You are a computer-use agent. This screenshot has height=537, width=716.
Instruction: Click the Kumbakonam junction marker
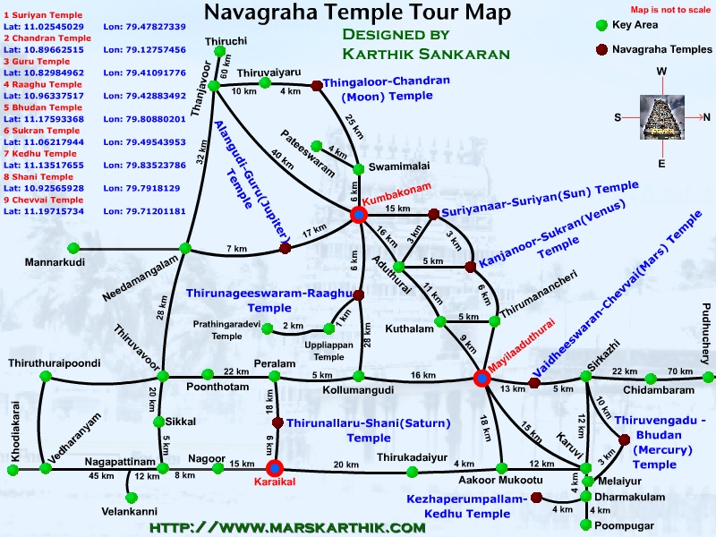click(x=359, y=214)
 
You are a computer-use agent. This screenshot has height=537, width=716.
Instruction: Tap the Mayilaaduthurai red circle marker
click(x=482, y=378)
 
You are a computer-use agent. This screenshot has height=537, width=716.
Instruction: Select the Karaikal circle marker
click(x=275, y=466)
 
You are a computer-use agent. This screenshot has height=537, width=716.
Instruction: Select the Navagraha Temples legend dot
click(x=602, y=49)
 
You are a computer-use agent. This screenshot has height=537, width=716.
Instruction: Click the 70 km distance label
click(x=679, y=371)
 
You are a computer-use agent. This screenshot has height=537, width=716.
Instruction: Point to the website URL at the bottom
click(x=286, y=528)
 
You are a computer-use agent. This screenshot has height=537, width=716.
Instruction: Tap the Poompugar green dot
click(x=585, y=524)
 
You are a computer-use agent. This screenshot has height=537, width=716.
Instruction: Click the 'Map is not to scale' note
click(x=657, y=8)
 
